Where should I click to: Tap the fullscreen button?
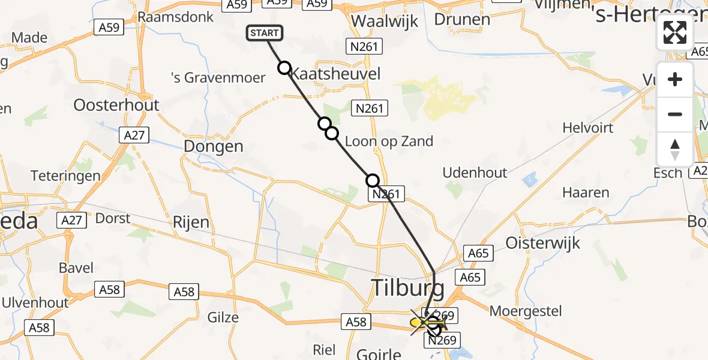[x=675, y=32]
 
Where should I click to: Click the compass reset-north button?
[x=675, y=149]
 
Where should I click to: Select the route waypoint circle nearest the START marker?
[x=284, y=68]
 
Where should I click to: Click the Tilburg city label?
[x=408, y=289]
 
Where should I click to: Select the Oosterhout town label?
[x=116, y=105]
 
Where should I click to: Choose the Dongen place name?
[x=214, y=146]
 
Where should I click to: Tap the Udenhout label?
[x=475, y=173]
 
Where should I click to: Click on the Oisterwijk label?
[x=543, y=243]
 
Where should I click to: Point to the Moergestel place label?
[x=526, y=311]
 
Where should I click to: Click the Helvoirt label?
[x=587, y=128]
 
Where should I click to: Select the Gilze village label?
[x=223, y=317]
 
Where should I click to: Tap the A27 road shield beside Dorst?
[x=72, y=220]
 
